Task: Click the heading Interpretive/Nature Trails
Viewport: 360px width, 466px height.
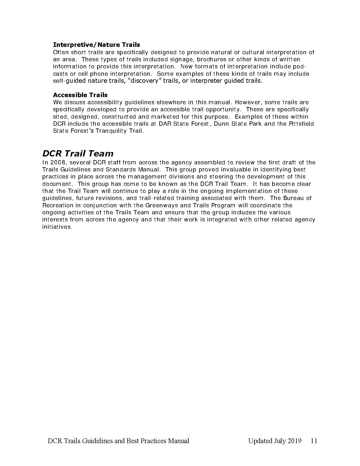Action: pyautogui.click(x=96, y=45)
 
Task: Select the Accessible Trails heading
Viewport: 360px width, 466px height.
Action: pyautogui.click(x=80, y=95)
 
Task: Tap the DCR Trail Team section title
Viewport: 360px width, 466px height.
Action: pyautogui.click(x=78, y=153)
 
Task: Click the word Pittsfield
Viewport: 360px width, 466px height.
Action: pyautogui.click(x=301, y=124)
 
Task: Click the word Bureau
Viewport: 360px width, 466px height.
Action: pyautogui.click(x=294, y=198)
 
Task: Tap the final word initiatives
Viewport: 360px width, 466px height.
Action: pyautogui.click(x=57, y=227)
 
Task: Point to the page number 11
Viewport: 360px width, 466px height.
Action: pyautogui.click(x=314, y=441)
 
